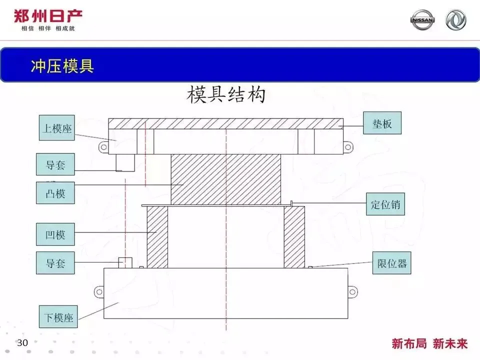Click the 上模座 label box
tap(55, 128)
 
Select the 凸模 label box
tap(55, 192)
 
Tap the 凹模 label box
tap(55, 234)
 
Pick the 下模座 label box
tap(58, 317)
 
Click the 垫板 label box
tap(382, 123)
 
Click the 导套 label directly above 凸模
tap(55, 164)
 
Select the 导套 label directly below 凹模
tap(55, 263)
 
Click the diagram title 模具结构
tap(225, 94)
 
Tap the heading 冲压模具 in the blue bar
tap(62, 65)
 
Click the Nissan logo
tap(422, 20)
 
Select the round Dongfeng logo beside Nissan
tap(455, 20)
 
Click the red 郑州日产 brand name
tap(48, 16)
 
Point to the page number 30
tap(22, 343)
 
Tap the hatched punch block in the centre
tap(225, 178)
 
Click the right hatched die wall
tap(294, 237)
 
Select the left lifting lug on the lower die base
tap(98, 291)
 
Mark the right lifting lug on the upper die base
tap(348, 146)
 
